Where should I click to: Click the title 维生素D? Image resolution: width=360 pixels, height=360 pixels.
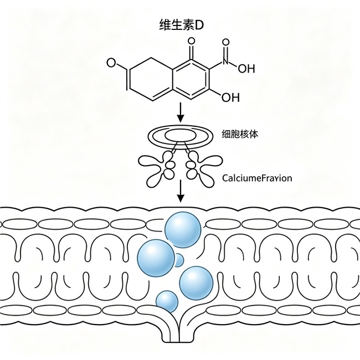coord(181,25)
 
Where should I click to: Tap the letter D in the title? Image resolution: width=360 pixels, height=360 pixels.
coord(199,25)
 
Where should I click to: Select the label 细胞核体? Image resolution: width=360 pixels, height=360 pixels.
coord(240,134)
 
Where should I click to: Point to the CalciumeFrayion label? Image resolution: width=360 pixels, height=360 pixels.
coord(257,178)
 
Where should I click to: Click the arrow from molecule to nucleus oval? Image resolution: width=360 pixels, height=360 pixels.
coord(181,112)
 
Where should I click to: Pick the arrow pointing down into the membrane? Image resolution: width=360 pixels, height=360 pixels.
coord(181,191)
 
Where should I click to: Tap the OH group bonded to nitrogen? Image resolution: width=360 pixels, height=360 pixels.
coord(246,69)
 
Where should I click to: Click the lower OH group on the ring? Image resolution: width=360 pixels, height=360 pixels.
coord(230,97)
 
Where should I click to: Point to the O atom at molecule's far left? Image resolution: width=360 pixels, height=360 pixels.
coord(111,63)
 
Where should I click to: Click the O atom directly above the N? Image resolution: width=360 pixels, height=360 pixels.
coord(226,42)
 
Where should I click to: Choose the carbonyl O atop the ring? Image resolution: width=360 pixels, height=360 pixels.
coord(191,42)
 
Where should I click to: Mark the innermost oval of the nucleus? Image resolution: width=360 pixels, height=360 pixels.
coord(180,136)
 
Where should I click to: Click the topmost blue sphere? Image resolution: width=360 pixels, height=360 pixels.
coord(183,230)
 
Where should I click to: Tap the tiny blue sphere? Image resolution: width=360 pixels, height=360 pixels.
coord(179,260)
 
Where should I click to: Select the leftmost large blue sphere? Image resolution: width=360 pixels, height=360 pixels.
coord(156,258)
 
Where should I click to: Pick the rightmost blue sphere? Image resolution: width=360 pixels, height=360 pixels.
coord(196,283)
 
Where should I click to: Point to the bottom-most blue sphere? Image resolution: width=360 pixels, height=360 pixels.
coord(167,301)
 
